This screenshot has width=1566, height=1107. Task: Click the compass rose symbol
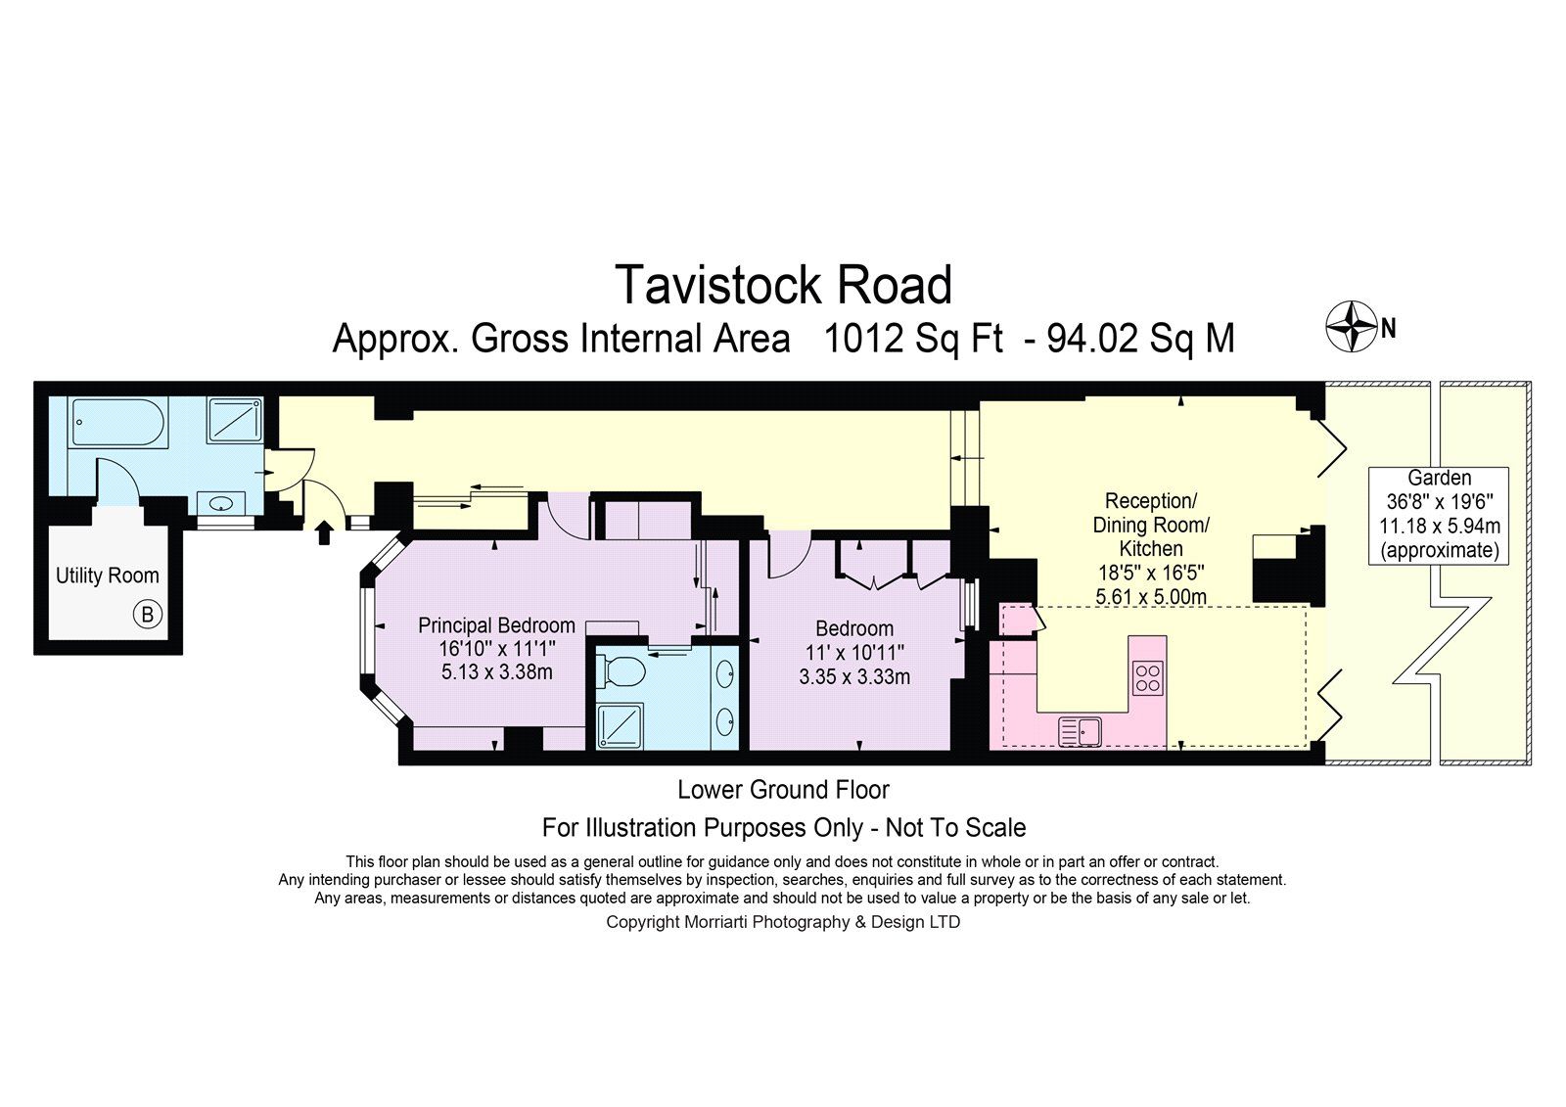pyautogui.click(x=1352, y=327)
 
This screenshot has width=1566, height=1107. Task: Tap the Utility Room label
pyautogui.click(x=108, y=576)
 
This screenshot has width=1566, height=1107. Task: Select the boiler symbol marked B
pyautogui.click(x=148, y=615)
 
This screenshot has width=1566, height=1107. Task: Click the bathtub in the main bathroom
pyautogui.click(x=118, y=422)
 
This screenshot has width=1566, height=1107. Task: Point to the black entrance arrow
pyautogui.click(x=324, y=532)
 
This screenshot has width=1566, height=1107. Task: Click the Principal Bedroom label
pyautogui.click(x=496, y=624)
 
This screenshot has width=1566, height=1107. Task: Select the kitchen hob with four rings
pyautogui.click(x=1148, y=677)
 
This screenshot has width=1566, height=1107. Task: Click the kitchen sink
pyautogui.click(x=1081, y=732)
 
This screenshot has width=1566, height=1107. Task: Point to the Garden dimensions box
pyautogui.click(x=1439, y=515)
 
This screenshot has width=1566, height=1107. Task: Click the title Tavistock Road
pyautogui.click(x=783, y=286)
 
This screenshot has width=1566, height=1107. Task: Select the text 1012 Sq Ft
pyautogui.click(x=914, y=339)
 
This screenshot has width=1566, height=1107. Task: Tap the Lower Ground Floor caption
pyautogui.click(x=783, y=790)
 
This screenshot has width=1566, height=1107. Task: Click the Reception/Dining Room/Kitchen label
pyautogui.click(x=1151, y=525)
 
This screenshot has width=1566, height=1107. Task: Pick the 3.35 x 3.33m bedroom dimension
pyautogui.click(x=854, y=677)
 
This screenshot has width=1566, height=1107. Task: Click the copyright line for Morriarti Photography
pyautogui.click(x=783, y=922)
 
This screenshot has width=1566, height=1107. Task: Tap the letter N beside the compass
pyautogui.click(x=1389, y=328)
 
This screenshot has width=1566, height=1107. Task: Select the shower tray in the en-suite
pyautogui.click(x=620, y=726)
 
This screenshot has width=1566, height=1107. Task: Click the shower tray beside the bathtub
pyautogui.click(x=235, y=420)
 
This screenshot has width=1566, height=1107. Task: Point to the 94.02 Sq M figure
pyautogui.click(x=1140, y=339)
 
